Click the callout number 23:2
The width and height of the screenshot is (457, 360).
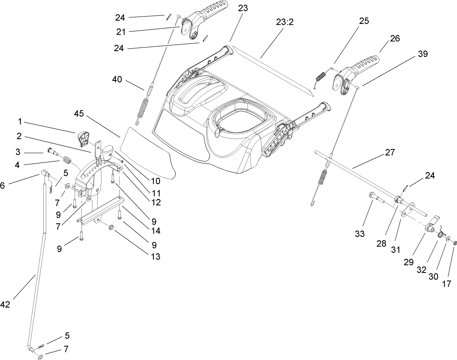(285, 22)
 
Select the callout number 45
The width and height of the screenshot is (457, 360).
(82, 113)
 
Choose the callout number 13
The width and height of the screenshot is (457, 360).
(155, 256)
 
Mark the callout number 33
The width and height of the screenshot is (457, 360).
(360, 234)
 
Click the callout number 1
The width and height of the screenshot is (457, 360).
(19, 122)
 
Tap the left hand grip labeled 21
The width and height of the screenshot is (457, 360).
(204, 17)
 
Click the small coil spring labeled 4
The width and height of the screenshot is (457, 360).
(66, 159)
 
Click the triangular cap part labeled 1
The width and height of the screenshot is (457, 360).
(83, 138)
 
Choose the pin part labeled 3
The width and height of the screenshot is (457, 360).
(52, 152)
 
